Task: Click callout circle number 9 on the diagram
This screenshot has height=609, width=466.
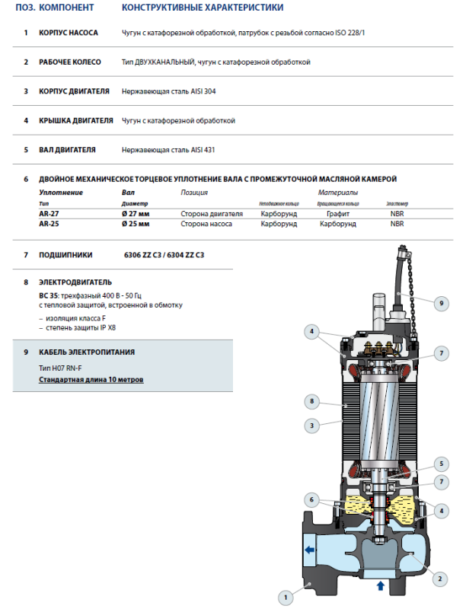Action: pyautogui.click(x=440, y=303)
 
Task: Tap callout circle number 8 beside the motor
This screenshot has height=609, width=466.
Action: pyautogui.click(x=311, y=400)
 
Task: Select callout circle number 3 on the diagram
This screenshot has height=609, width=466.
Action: pyautogui.click(x=311, y=425)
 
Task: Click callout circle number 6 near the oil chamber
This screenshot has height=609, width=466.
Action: pyautogui.click(x=311, y=499)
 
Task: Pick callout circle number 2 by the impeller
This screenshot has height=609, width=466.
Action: pyautogui.click(x=439, y=579)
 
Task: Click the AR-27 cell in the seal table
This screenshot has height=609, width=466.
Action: pyautogui.click(x=49, y=215)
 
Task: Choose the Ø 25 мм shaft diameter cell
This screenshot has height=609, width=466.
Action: pyautogui.click(x=136, y=225)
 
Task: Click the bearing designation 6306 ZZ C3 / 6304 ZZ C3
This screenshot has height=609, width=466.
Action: pyautogui.click(x=164, y=255)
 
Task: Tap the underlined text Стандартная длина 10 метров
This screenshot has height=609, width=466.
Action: pyautogui.click(x=91, y=379)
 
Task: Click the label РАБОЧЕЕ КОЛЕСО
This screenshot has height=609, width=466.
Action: pyautogui.click(x=73, y=62)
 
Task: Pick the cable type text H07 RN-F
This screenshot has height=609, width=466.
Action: pyautogui.click(x=67, y=368)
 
